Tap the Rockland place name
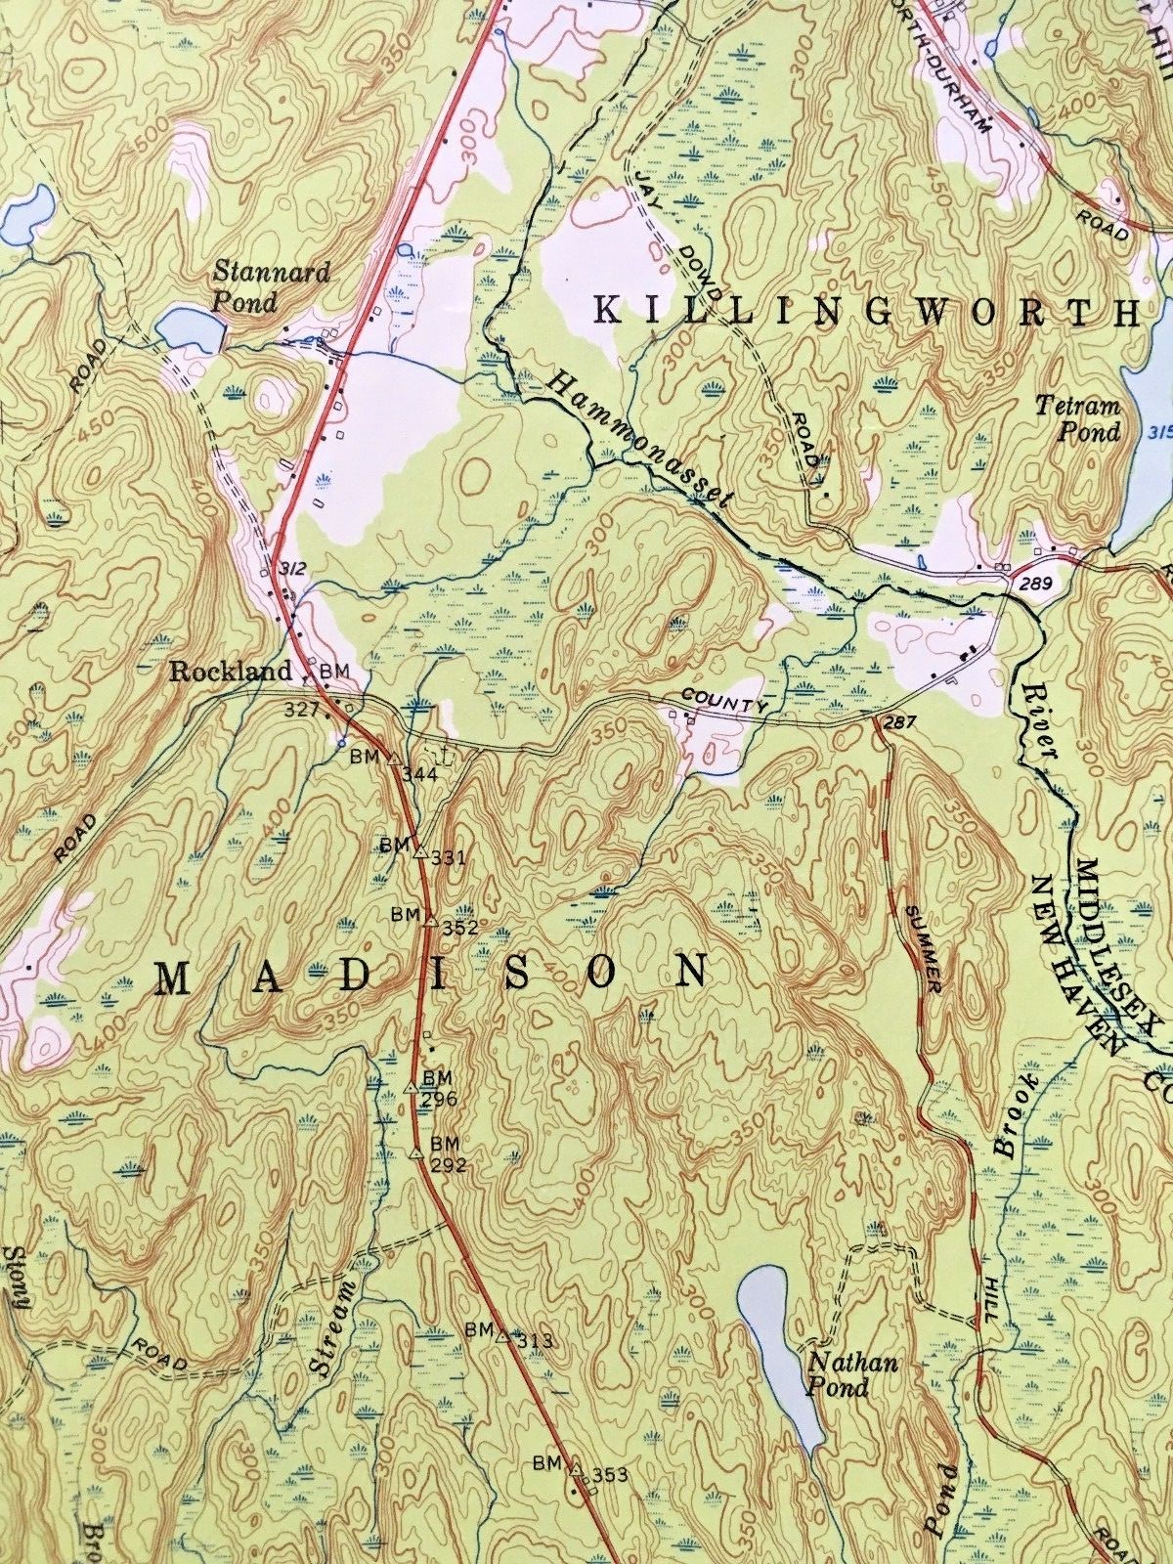tap(231, 671)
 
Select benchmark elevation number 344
tap(416, 775)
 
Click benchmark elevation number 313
tap(536, 1341)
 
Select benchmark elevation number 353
tap(607, 1475)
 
